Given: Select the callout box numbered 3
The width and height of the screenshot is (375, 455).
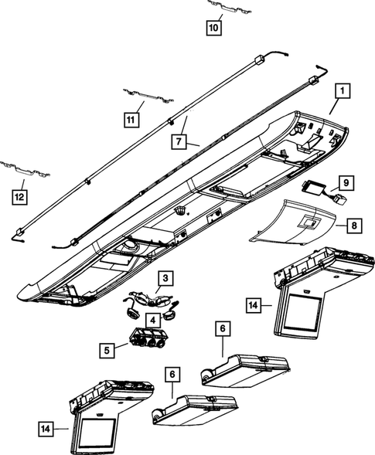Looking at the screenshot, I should [165, 277].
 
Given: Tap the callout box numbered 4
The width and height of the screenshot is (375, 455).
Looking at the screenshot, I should [155, 319].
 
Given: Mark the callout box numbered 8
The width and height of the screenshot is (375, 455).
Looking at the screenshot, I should [354, 226].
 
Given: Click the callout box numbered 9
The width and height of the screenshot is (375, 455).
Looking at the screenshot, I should [347, 184].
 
